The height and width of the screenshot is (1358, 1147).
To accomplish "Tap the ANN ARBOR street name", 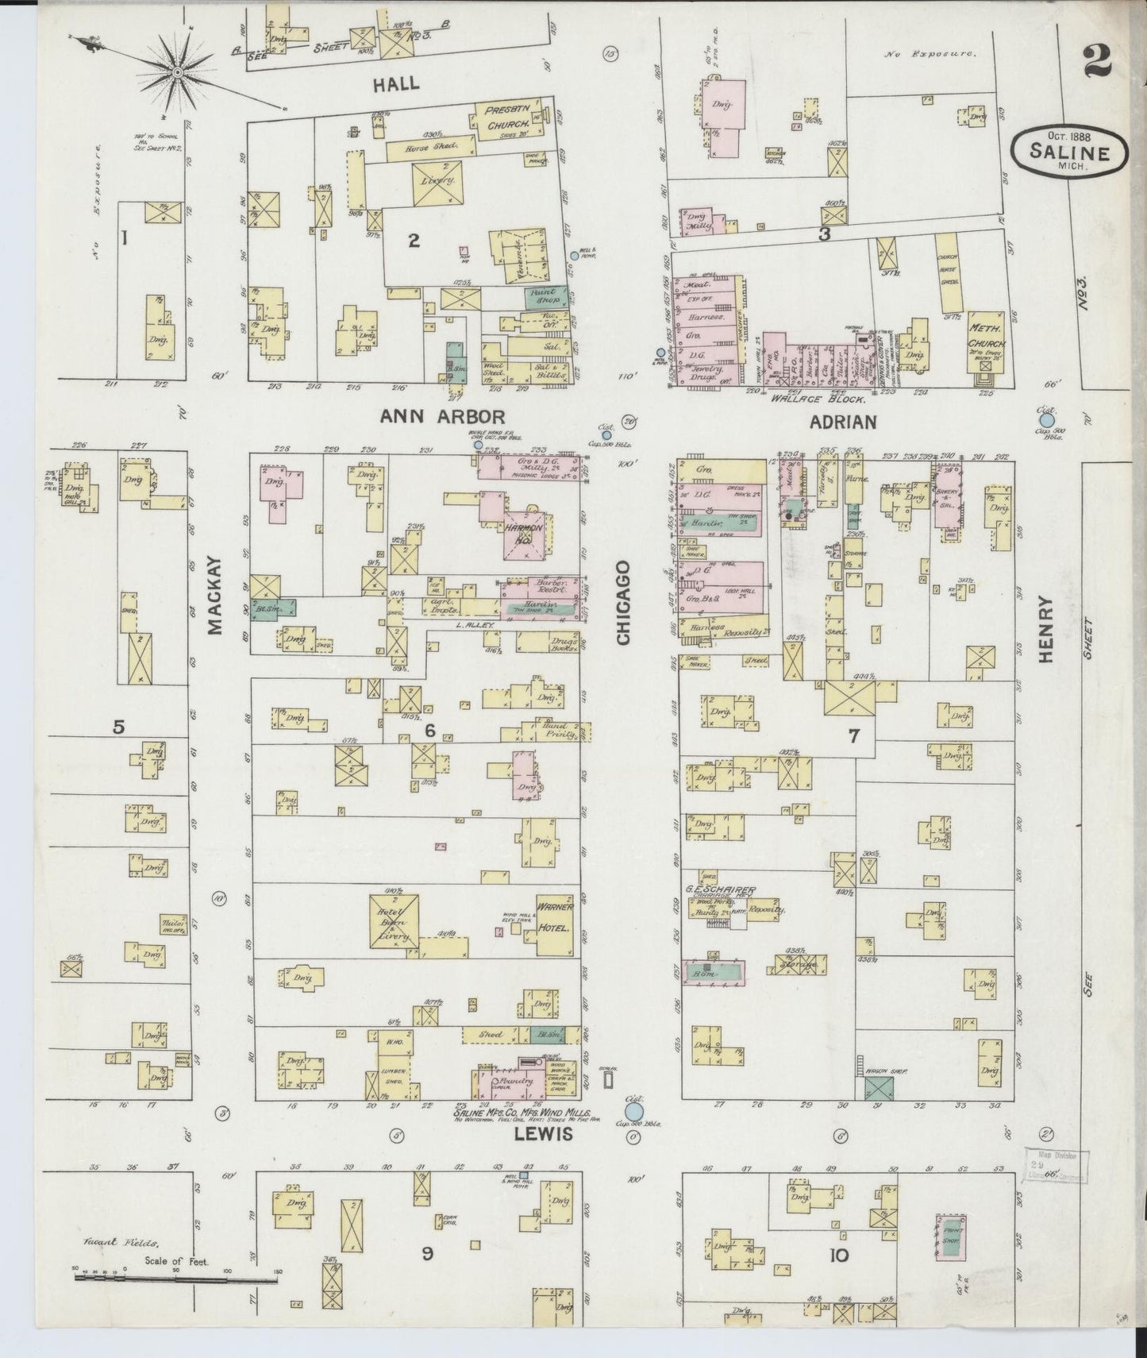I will pos(442,416).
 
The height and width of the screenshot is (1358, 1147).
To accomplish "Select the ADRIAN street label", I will pos(842,422).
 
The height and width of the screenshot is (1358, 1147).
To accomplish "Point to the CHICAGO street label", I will pos(623,603).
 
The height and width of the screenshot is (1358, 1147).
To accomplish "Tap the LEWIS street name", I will pos(542,1135).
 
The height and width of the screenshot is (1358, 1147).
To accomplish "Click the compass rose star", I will pos(177,73).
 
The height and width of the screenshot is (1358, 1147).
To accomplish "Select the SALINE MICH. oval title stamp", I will pos(1069,149).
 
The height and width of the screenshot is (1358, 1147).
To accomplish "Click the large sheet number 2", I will pos(1099,60).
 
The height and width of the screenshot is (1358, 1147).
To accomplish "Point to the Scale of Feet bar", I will pos(175,1280).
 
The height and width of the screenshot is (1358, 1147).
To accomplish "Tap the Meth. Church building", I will pos(987,341).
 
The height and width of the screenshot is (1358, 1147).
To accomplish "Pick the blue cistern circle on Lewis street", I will pos(633,1105).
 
